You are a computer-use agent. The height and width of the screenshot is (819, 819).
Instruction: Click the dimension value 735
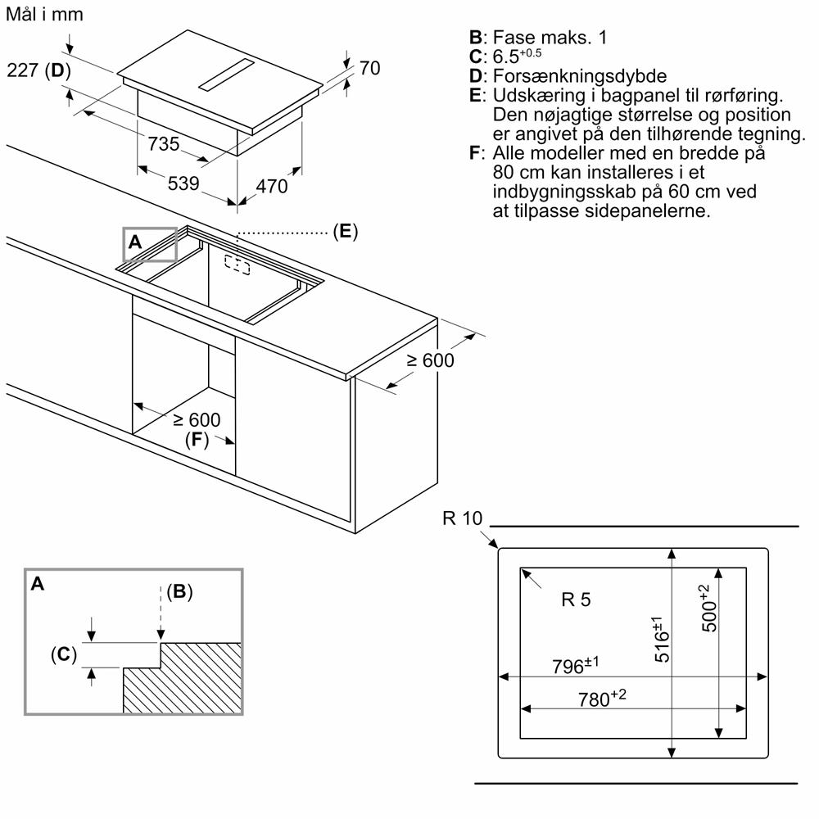tap(164, 144)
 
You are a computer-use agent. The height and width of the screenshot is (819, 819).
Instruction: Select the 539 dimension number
tap(183, 183)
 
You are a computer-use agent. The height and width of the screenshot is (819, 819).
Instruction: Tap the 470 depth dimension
tap(272, 187)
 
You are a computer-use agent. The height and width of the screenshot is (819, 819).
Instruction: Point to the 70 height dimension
tap(370, 69)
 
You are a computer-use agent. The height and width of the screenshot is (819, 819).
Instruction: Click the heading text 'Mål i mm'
tap(43, 15)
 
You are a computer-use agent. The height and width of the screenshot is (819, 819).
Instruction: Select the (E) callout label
tap(346, 232)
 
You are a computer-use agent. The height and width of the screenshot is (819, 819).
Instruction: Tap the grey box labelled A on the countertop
tap(150, 243)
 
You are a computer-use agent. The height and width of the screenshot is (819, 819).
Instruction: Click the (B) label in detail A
tap(179, 592)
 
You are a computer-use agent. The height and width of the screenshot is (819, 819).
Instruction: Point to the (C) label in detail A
tap(63, 654)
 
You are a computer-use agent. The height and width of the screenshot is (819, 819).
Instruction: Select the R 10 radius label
tap(463, 518)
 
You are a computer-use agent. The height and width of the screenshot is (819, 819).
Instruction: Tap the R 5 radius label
tap(576, 600)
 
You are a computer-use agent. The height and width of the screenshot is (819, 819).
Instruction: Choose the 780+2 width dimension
tap(602, 698)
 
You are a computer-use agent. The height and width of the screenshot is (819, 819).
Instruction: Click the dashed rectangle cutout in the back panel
tap(237, 265)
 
